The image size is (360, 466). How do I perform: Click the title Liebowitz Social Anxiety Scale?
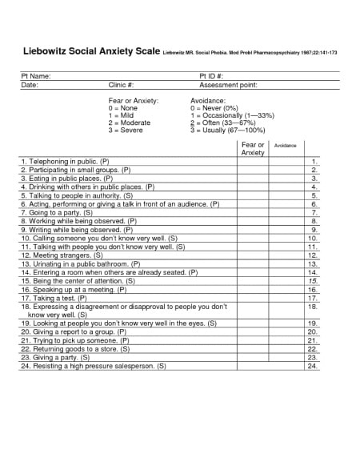[x=90, y=51]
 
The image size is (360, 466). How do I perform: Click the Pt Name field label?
[x=36, y=75]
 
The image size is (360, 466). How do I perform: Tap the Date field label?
[x=29, y=84]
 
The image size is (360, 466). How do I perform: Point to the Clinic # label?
[x=121, y=84]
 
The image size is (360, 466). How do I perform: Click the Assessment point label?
[x=228, y=84]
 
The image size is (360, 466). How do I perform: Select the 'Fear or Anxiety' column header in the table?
[x=253, y=148]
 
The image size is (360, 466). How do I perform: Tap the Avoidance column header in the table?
[x=285, y=145]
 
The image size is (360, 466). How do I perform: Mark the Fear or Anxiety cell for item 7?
[x=253, y=213]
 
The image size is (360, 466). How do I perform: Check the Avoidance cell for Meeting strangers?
[x=286, y=255]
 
